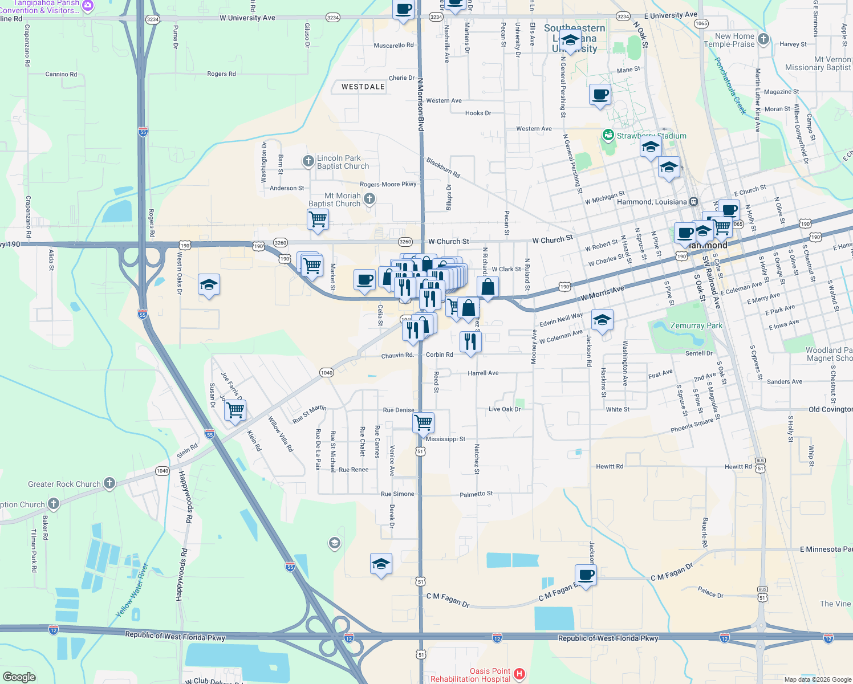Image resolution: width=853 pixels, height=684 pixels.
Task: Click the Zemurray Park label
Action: tap(696, 326)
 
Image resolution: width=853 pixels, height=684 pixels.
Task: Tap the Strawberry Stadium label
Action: tap(651, 136)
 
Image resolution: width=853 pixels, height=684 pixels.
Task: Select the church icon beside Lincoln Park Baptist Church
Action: tap(308, 161)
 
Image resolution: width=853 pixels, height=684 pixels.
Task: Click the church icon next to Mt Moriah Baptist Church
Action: tap(369, 198)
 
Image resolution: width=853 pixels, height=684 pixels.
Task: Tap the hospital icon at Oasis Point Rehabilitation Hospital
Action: tap(519, 674)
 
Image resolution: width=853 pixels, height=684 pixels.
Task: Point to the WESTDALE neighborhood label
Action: tap(363, 87)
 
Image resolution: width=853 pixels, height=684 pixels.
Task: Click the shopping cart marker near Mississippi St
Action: tap(423, 423)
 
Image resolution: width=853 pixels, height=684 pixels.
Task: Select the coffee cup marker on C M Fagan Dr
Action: tap(586, 575)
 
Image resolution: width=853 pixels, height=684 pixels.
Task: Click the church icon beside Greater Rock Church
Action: tap(109, 483)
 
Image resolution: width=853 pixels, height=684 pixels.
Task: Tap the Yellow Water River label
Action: tap(132, 591)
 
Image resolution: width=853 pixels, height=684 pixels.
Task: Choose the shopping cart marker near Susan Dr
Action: tap(235, 410)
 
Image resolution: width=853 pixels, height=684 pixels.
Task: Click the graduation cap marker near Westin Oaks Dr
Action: tap(209, 284)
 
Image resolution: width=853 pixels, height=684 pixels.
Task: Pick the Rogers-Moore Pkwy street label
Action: tap(388, 184)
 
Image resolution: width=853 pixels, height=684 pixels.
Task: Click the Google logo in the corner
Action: tap(19, 677)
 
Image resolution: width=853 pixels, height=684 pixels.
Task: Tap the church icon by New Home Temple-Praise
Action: tap(763, 39)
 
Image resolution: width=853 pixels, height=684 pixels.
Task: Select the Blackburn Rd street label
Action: tap(443, 168)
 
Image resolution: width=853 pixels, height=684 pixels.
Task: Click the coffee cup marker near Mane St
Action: tap(600, 94)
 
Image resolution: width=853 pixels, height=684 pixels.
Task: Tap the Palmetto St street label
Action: tap(476, 494)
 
